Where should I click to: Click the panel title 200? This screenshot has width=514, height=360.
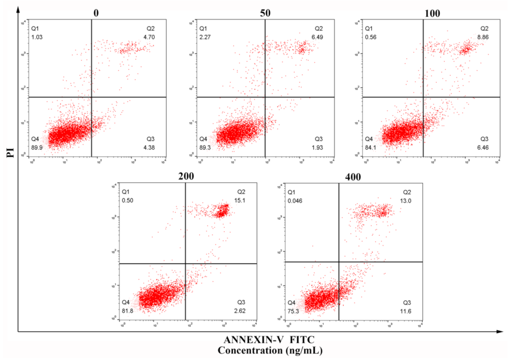pos(186,176)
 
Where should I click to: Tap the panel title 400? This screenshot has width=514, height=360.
pos(353,177)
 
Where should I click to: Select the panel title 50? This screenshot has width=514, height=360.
pos(265,13)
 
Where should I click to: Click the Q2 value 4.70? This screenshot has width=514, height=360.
pos(149,37)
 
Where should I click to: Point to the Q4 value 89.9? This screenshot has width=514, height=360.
pos(37,147)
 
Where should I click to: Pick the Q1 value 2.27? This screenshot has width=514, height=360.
pos(205,37)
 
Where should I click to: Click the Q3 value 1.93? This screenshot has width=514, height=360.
pos(317,147)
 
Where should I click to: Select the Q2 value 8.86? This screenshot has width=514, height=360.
pos(483,37)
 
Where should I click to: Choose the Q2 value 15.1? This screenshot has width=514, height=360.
pos(240,200)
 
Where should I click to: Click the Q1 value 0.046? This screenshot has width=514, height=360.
pos(295,201)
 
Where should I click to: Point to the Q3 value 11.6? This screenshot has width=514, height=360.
pos(406,311)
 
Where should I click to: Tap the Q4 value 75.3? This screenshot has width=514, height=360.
pos(293,311)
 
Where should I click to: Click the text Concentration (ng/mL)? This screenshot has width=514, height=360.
pos(270,351)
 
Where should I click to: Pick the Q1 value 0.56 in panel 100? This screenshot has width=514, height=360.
pos(370,37)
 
